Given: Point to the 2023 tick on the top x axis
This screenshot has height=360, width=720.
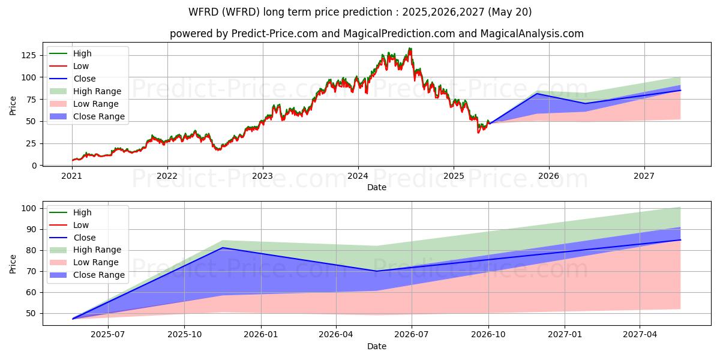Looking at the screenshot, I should pos(262,176).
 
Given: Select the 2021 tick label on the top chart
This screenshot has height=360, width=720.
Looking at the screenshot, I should pos(72,176).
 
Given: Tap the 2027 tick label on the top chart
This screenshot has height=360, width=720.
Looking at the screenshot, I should pos(644,176).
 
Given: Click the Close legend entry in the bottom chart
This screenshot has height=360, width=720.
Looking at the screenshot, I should pos(85,238).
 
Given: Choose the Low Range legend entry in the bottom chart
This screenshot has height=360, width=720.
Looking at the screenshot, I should pos(96,262).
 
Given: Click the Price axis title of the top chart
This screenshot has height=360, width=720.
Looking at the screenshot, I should pos(13,105).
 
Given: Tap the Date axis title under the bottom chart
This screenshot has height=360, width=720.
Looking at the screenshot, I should pos(376,346).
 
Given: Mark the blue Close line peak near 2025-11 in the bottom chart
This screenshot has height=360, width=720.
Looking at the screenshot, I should pos(222,247).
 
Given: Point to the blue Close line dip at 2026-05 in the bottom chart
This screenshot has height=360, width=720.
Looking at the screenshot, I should pos(376,271).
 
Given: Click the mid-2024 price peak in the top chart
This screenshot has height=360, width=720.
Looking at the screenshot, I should pos(410,49).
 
